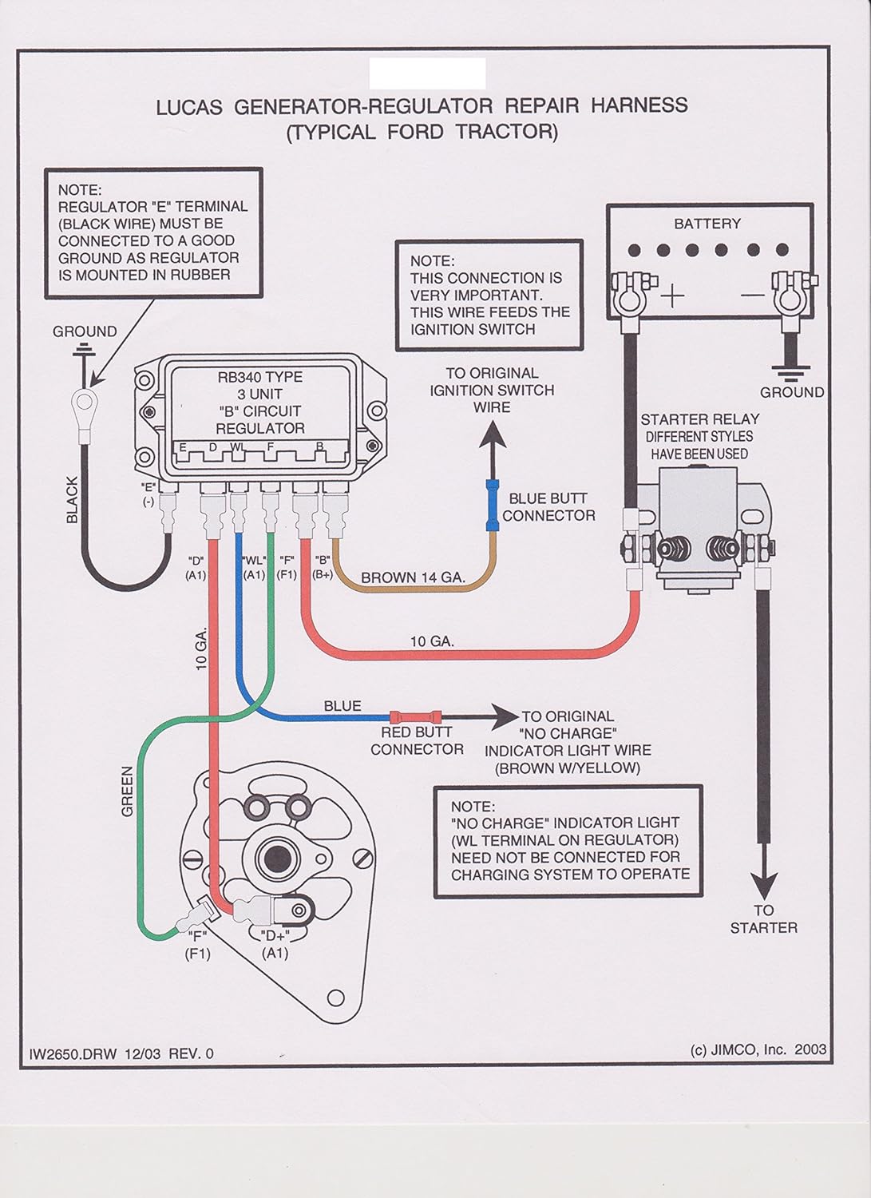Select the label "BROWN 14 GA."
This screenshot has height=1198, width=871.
[x=413, y=577]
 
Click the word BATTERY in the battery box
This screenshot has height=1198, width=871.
[x=707, y=224]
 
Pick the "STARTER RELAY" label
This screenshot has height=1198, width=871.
[x=699, y=419]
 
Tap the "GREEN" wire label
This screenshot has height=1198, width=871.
[x=127, y=791]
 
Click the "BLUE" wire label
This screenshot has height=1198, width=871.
[x=342, y=706]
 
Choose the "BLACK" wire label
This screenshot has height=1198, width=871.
[x=73, y=500]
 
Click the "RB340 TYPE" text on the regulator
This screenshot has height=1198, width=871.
[x=260, y=377]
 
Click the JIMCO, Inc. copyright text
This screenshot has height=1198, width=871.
[x=758, y=1049]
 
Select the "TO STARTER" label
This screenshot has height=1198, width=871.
[x=764, y=918]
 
